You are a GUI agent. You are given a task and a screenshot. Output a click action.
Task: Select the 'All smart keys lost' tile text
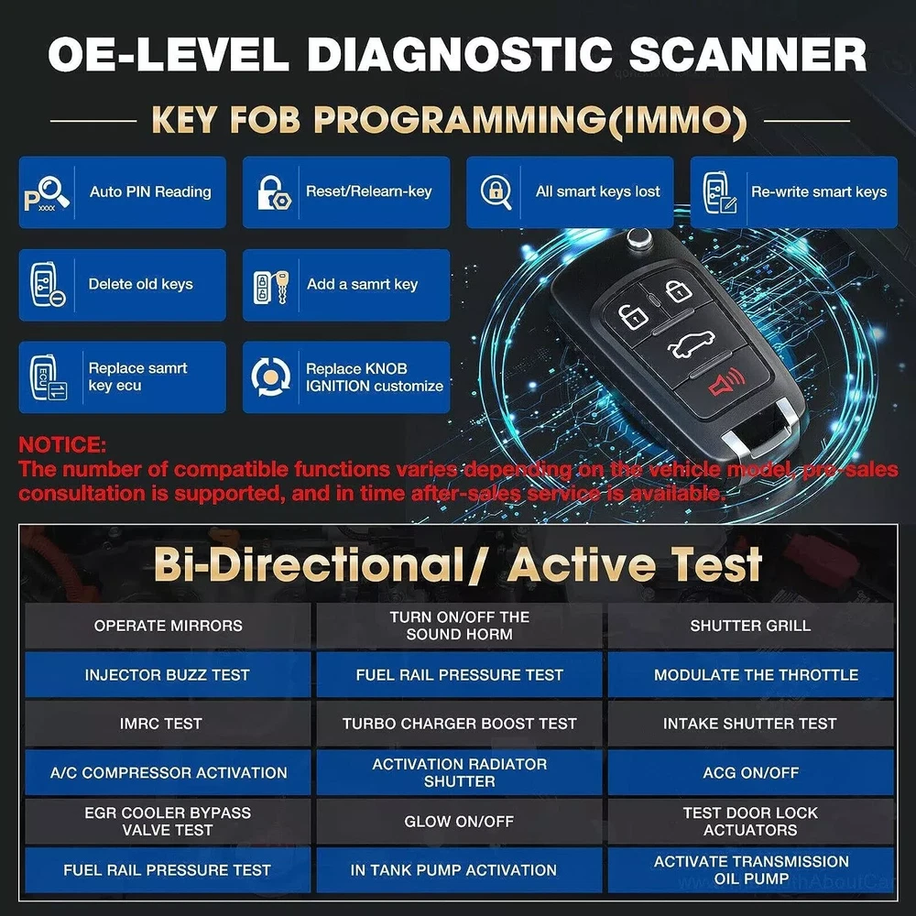[x=597, y=191]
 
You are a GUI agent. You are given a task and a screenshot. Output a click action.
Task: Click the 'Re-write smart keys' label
[x=819, y=191]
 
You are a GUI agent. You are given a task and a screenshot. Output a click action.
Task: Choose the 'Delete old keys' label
[x=140, y=284]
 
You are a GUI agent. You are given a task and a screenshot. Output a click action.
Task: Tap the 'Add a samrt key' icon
[x=271, y=287]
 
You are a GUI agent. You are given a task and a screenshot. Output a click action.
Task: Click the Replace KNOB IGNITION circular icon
[x=270, y=377]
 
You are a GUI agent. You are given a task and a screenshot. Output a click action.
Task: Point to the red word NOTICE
[x=62, y=444]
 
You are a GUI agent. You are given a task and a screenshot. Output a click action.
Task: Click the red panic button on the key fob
[x=725, y=386]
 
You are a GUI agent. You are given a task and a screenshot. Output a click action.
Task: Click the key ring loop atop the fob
[x=638, y=238]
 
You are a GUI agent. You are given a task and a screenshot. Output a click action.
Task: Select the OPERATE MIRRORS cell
[x=168, y=626]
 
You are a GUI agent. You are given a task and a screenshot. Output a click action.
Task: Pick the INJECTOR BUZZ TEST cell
[x=168, y=675]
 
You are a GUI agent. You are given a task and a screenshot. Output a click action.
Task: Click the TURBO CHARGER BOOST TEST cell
[x=459, y=724]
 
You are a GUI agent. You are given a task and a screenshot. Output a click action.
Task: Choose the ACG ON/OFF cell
[x=751, y=772]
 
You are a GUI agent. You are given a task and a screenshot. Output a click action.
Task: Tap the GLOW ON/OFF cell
[x=459, y=822]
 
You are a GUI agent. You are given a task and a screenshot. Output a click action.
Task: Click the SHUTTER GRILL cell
[x=751, y=626]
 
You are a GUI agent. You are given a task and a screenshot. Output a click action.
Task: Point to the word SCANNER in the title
[x=747, y=54]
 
